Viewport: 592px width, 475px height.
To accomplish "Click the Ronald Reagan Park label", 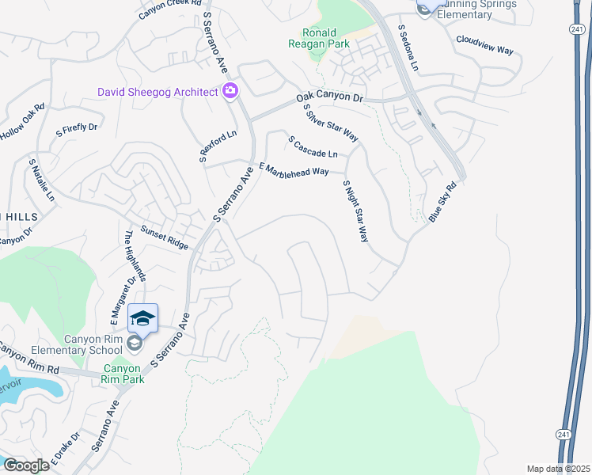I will [324, 40].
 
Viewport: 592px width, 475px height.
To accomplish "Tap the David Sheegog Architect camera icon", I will [230, 92].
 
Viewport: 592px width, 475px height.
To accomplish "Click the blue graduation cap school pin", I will [142, 318].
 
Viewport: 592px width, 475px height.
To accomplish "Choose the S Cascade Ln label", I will [313, 146].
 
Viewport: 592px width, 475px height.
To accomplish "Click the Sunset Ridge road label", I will [165, 237].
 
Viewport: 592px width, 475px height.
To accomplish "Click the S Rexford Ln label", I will [218, 148].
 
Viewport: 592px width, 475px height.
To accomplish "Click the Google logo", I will [25, 465].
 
